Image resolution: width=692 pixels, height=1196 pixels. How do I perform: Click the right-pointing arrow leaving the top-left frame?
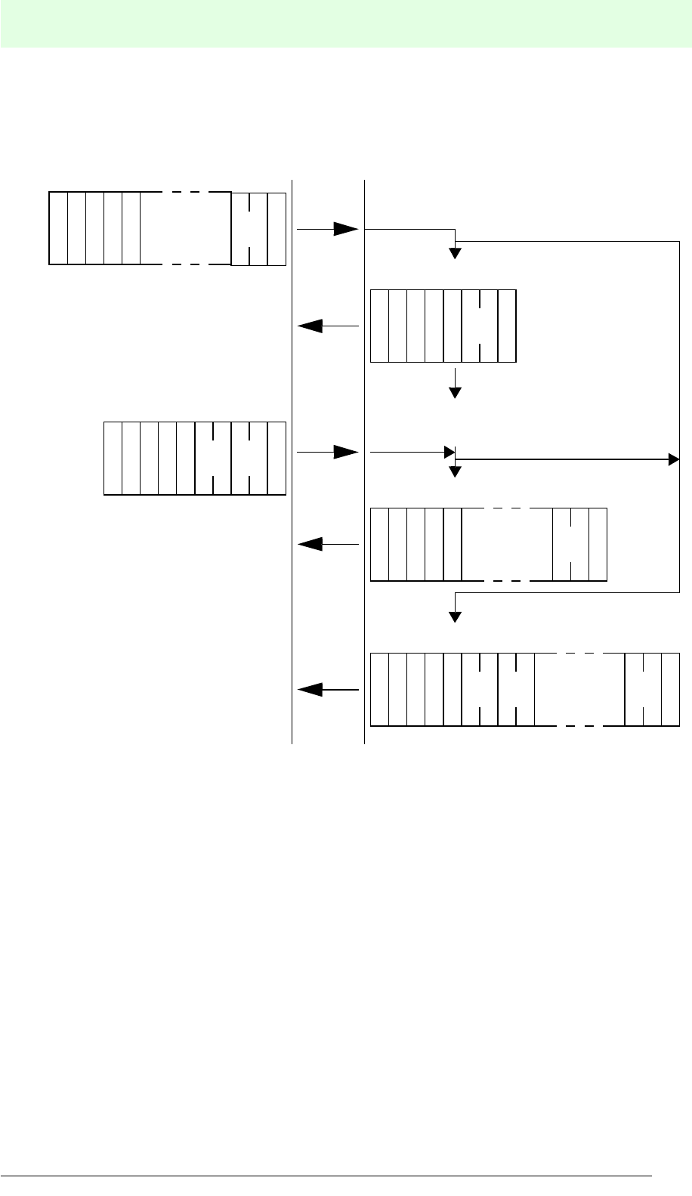click(328, 228)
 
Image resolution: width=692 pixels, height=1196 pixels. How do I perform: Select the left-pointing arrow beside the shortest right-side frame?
click(328, 326)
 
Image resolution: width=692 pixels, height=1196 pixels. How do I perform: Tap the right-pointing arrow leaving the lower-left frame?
click(328, 452)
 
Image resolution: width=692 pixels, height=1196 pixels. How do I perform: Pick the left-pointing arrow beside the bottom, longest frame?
click(328, 689)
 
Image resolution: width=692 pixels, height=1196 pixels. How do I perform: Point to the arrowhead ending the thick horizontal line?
click(674, 459)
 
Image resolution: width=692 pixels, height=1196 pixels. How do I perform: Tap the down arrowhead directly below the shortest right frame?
click(455, 392)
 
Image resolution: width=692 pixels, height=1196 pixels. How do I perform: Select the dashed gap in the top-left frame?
click(186, 228)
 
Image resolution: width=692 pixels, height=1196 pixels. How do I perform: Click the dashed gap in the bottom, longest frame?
click(579, 689)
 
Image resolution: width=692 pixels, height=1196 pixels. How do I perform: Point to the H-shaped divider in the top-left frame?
click(249, 228)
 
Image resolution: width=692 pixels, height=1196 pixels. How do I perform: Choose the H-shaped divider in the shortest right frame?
click(480, 326)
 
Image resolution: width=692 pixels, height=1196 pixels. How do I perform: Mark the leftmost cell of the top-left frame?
click(58, 228)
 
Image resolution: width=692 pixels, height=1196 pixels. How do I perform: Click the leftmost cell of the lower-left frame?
click(113, 458)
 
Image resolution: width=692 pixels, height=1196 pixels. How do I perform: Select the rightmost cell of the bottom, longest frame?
click(670, 689)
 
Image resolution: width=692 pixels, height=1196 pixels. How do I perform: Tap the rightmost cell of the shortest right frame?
click(508, 326)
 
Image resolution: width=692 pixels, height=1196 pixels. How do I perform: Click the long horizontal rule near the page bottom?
click(325, 1176)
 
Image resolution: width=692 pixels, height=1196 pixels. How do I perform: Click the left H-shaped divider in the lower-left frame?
click(213, 458)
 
